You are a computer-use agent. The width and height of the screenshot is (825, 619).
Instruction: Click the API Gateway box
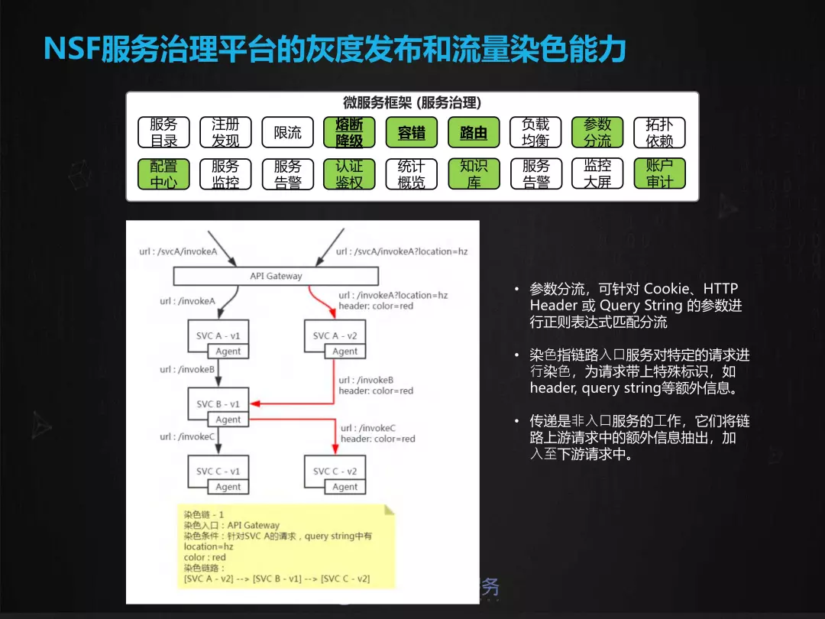pos(276,276)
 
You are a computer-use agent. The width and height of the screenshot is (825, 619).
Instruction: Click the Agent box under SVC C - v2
pos(345,487)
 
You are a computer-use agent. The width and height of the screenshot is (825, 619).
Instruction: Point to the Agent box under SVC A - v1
pos(228,351)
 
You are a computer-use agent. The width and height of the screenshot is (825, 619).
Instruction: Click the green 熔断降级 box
pos(349,132)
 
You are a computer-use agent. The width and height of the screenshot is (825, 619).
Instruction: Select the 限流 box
pos(287,132)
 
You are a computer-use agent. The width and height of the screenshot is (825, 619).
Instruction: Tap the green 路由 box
pos(474,132)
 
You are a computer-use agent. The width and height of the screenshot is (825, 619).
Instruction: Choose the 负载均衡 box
pos(535,132)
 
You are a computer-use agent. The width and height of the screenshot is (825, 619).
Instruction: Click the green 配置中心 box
pos(163,173)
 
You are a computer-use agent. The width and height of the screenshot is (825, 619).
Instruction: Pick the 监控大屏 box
pos(597,173)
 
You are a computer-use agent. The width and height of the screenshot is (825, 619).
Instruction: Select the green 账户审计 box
pos(659,173)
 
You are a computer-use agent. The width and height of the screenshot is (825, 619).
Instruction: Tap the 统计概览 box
pos(412,173)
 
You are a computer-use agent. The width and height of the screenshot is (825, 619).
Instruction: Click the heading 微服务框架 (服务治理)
pos(412,102)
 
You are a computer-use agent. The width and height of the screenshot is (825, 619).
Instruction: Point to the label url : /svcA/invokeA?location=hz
pos(402,251)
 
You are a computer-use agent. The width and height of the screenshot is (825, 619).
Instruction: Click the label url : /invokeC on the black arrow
pos(188,436)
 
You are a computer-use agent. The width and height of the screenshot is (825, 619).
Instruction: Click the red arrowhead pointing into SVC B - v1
pos(255,403)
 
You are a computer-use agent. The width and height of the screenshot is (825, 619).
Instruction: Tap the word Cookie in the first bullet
pos(667,288)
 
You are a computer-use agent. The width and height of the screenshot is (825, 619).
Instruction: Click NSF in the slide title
pos(72,50)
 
